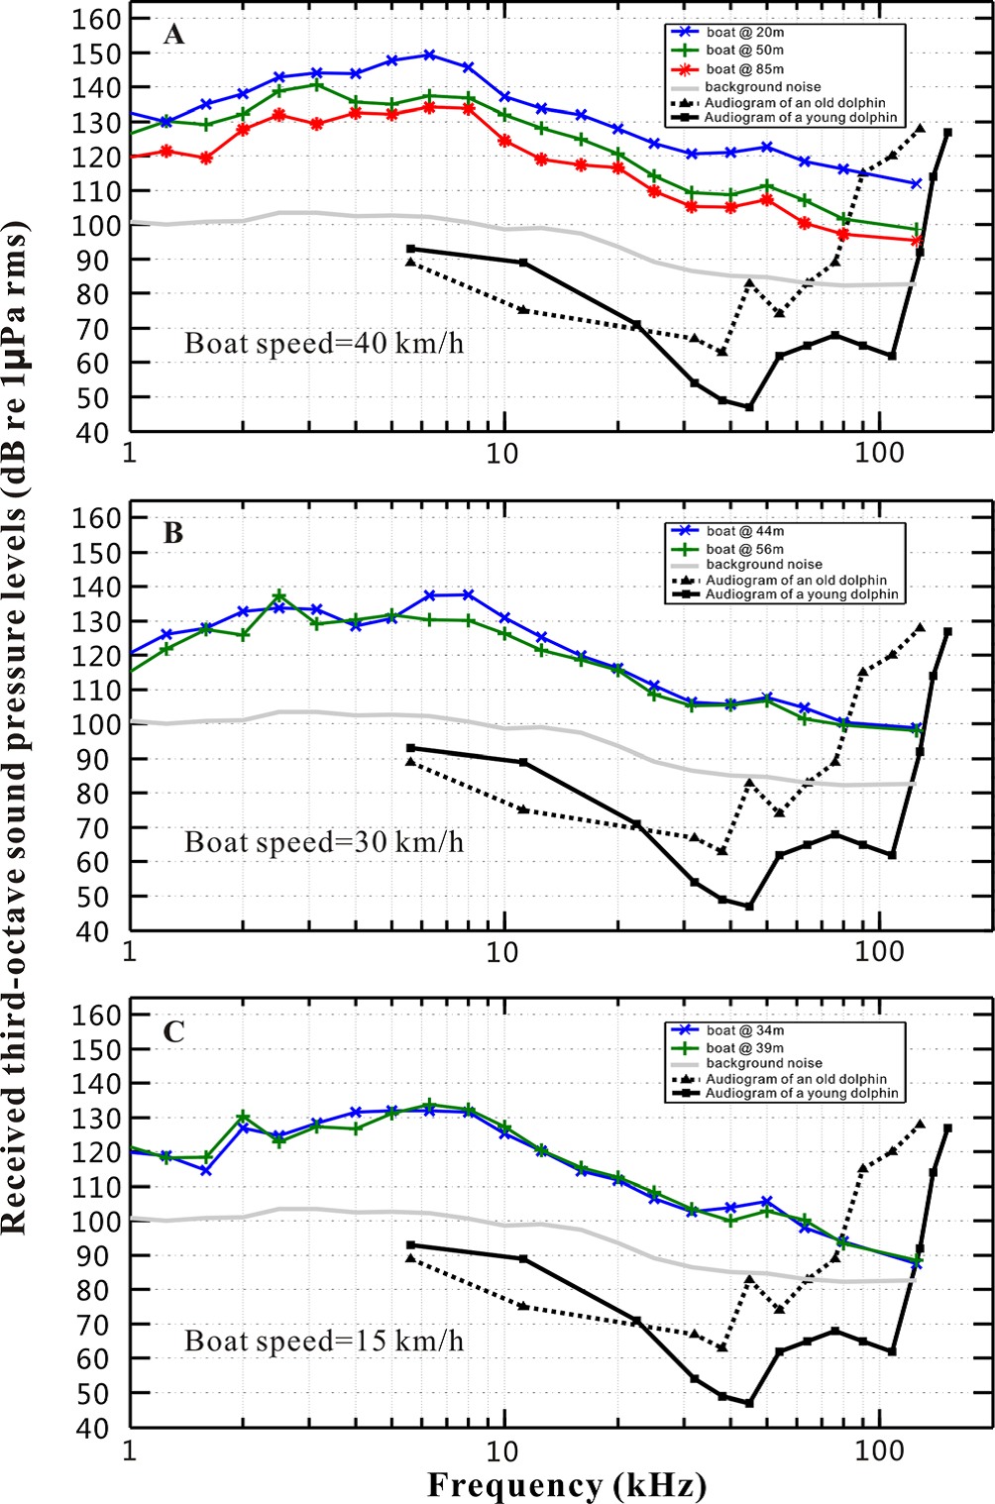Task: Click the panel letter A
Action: pos(173,36)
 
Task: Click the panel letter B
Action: pos(173,533)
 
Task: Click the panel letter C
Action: pos(173,1031)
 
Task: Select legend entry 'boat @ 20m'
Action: pos(744,31)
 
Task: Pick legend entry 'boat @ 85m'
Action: pos(744,69)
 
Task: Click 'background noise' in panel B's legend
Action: pos(763,564)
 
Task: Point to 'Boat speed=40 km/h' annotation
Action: pos(323,345)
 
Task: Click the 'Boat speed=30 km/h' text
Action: pos(323,843)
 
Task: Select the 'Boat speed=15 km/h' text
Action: pos(323,1342)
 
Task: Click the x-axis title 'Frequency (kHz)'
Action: pos(566,1485)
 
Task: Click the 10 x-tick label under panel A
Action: pos(504,453)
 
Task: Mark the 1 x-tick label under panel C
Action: pos(130,1449)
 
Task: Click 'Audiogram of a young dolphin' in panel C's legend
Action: pos(801,1093)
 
